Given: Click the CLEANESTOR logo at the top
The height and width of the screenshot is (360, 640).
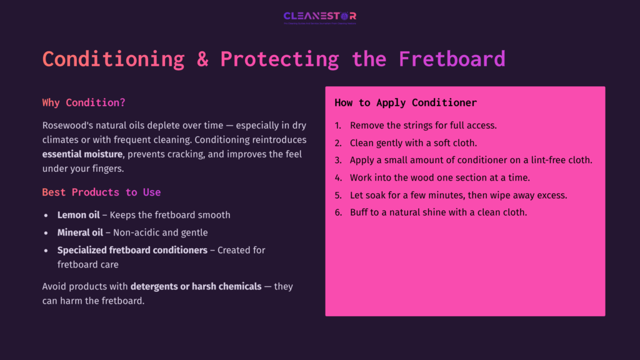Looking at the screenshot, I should click(x=319, y=17).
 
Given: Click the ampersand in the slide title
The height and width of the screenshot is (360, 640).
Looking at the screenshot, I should click(x=202, y=59).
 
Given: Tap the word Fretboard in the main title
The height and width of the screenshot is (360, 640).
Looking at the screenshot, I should click(x=452, y=59).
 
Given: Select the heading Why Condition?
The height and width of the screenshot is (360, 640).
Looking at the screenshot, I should click(x=84, y=102).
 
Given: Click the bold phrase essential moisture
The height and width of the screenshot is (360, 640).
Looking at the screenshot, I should click(x=82, y=153).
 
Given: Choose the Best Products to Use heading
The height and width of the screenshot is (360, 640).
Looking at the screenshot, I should click(x=101, y=192).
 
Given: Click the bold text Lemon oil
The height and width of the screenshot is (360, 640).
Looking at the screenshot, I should click(x=78, y=215).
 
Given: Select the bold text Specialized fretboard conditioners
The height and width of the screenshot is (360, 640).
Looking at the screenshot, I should click(x=132, y=250).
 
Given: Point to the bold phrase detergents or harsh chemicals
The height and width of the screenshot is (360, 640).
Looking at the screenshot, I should click(x=196, y=286).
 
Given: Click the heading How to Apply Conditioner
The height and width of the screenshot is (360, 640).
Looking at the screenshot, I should click(x=406, y=102).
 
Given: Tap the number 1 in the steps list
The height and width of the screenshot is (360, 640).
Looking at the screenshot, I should click(x=337, y=125).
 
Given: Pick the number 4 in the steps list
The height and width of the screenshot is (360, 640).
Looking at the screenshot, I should click(x=337, y=177).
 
